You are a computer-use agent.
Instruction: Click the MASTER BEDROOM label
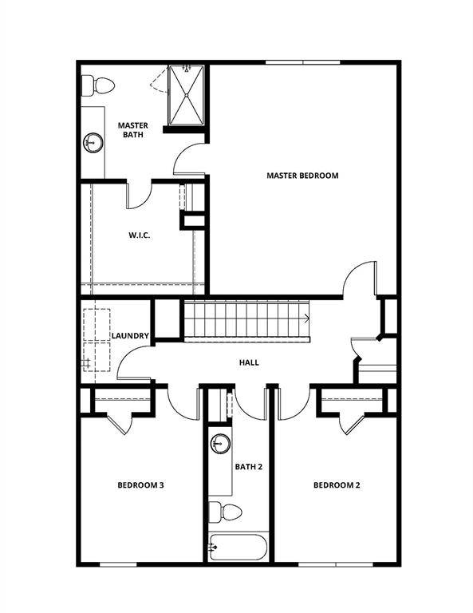tap(302, 176)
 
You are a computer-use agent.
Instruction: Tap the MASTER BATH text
tap(132, 130)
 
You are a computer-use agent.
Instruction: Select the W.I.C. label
tap(140, 235)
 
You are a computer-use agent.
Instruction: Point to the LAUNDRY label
tap(130, 336)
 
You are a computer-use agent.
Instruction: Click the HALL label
tap(249, 362)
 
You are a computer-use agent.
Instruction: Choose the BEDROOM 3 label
tap(140, 484)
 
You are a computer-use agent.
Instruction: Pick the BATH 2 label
tap(248, 466)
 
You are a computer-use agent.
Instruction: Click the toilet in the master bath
tap(98, 84)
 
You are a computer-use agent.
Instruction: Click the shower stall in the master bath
tap(185, 96)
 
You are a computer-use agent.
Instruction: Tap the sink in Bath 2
tap(220, 443)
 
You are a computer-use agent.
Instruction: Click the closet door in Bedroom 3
tap(120, 421)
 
